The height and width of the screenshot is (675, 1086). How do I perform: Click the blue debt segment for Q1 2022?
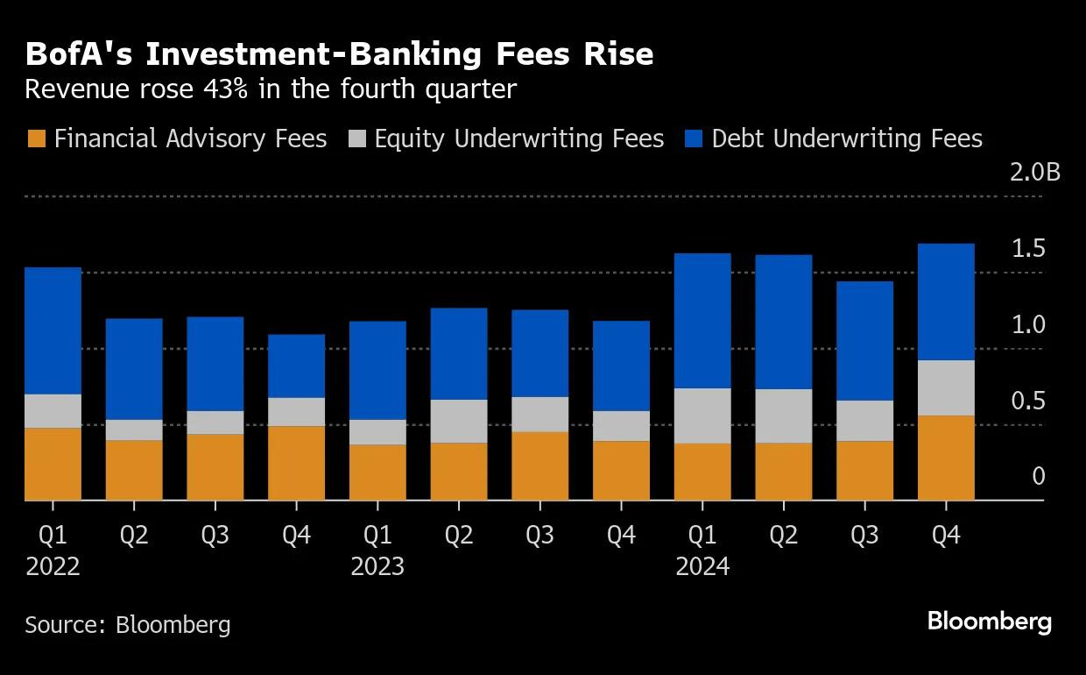[53, 330]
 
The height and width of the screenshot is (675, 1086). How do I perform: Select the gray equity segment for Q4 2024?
[946, 387]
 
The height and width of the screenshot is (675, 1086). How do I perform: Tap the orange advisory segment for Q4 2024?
[946, 458]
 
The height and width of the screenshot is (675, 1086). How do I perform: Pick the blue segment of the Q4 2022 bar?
[296, 366]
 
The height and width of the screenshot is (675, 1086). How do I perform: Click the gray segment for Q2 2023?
[459, 421]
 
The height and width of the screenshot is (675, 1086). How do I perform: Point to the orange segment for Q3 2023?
[540, 465]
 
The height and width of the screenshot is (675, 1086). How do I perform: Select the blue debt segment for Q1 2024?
[702, 321]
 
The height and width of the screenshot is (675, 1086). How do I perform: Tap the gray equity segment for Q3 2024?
[865, 421]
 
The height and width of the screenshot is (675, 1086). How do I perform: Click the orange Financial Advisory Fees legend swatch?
[37, 139]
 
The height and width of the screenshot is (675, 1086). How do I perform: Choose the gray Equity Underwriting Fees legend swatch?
[357, 139]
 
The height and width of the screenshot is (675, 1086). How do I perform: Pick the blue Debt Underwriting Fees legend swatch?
[694, 139]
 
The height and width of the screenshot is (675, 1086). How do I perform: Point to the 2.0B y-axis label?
[1035, 173]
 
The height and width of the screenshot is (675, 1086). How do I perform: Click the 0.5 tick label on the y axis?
[1028, 401]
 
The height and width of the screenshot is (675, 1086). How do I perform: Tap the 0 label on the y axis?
[1039, 477]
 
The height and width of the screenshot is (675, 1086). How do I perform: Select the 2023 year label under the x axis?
[377, 566]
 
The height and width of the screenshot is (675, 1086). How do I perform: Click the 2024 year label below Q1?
[702, 566]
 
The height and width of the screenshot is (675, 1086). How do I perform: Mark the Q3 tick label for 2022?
[215, 536]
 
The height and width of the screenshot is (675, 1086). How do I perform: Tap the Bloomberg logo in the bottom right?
[990, 622]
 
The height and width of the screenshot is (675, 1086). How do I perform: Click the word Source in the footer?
[66, 624]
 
